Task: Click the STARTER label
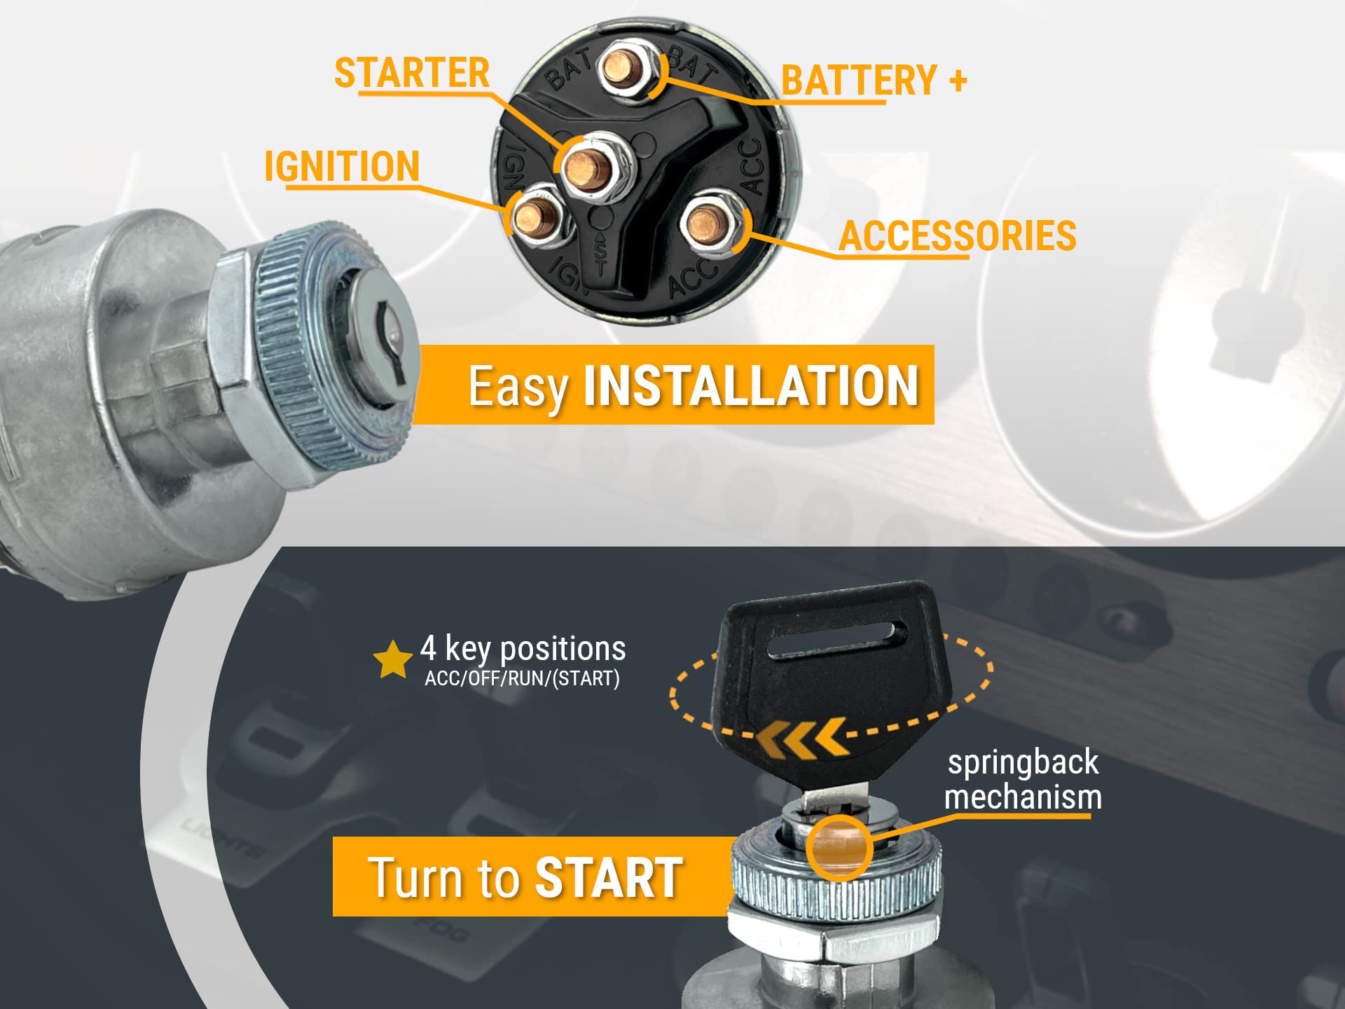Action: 412,73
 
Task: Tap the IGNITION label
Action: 342,167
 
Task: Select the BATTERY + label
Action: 874,80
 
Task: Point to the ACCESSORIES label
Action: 958,235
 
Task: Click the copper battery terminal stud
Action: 621,67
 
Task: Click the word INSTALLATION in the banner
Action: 750,385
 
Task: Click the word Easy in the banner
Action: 518,387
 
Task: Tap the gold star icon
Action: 392,660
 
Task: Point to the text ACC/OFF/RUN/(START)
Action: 522,679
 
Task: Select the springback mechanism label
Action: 1023,779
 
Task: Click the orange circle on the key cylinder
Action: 839,848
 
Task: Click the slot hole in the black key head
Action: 837,638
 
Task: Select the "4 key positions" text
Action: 523,649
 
